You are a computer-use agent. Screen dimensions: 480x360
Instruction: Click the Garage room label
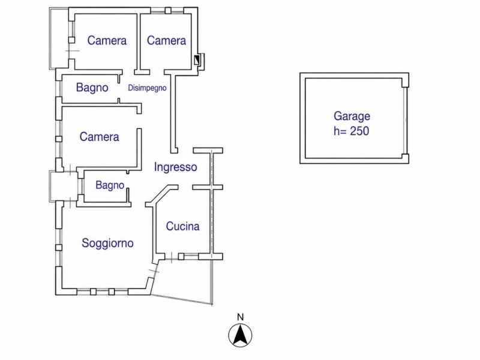click(352, 116)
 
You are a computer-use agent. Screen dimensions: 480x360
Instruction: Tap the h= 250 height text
click(351, 131)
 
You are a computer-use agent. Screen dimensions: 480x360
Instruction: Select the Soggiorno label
click(107, 243)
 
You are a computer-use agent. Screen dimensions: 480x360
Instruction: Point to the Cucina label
click(183, 226)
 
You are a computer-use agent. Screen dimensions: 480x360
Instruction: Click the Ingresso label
click(175, 167)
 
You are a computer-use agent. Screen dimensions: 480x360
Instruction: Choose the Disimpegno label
click(147, 88)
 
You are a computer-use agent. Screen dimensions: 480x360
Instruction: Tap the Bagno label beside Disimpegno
click(92, 88)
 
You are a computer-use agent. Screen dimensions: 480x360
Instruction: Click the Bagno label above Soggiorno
click(110, 185)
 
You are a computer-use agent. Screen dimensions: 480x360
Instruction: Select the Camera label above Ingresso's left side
click(99, 137)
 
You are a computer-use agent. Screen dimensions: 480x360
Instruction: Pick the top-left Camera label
click(107, 40)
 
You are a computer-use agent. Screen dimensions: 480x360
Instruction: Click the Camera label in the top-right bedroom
click(166, 40)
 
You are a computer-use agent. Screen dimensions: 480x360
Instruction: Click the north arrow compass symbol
click(241, 335)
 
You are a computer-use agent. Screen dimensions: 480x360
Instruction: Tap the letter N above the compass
click(241, 317)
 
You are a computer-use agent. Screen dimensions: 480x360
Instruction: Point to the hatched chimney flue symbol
click(197, 60)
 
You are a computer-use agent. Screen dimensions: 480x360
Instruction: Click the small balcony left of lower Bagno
click(64, 186)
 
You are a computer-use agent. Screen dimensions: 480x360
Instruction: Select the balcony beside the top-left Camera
click(59, 38)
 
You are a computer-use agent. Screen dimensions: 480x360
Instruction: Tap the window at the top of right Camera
click(167, 11)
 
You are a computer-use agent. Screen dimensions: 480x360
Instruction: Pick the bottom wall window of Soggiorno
click(102, 292)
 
